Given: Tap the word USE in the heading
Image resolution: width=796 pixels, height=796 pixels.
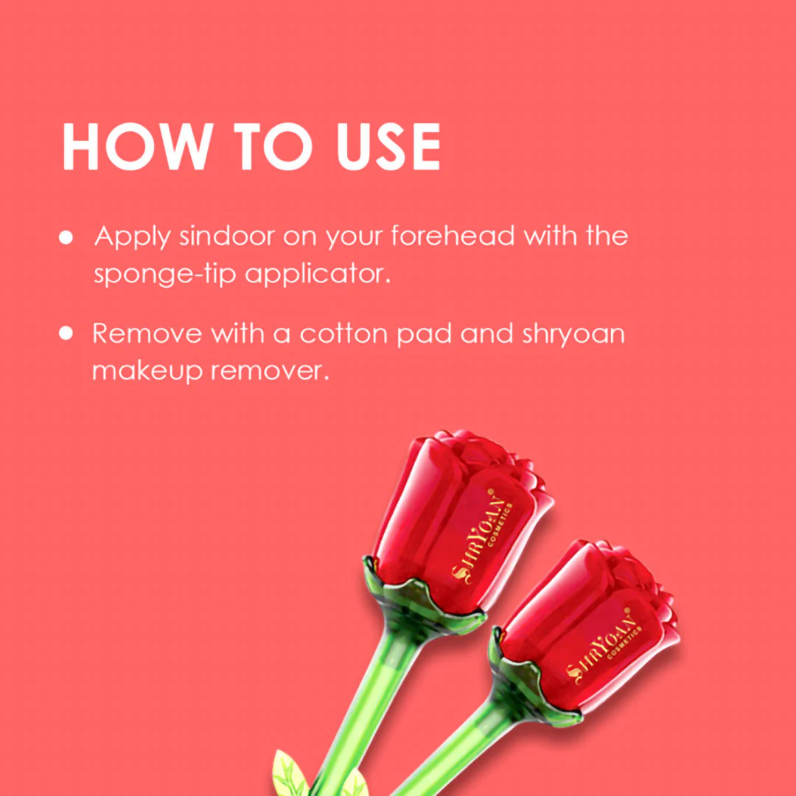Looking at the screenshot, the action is click(388, 146).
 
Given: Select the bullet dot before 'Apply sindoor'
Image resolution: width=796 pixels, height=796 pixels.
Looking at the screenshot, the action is click(66, 237).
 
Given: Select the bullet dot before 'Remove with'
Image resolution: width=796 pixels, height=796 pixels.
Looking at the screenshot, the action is click(66, 333).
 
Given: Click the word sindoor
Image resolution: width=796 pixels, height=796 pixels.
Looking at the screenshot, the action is click(227, 236).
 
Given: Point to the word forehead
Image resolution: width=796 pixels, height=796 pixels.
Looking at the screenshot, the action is click(453, 236).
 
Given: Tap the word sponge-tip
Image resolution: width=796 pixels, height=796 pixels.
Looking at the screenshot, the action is click(165, 275).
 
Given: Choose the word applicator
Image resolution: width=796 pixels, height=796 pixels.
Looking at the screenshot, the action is click(318, 275).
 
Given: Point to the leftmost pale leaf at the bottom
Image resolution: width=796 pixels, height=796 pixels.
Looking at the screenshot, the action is click(290, 774).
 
